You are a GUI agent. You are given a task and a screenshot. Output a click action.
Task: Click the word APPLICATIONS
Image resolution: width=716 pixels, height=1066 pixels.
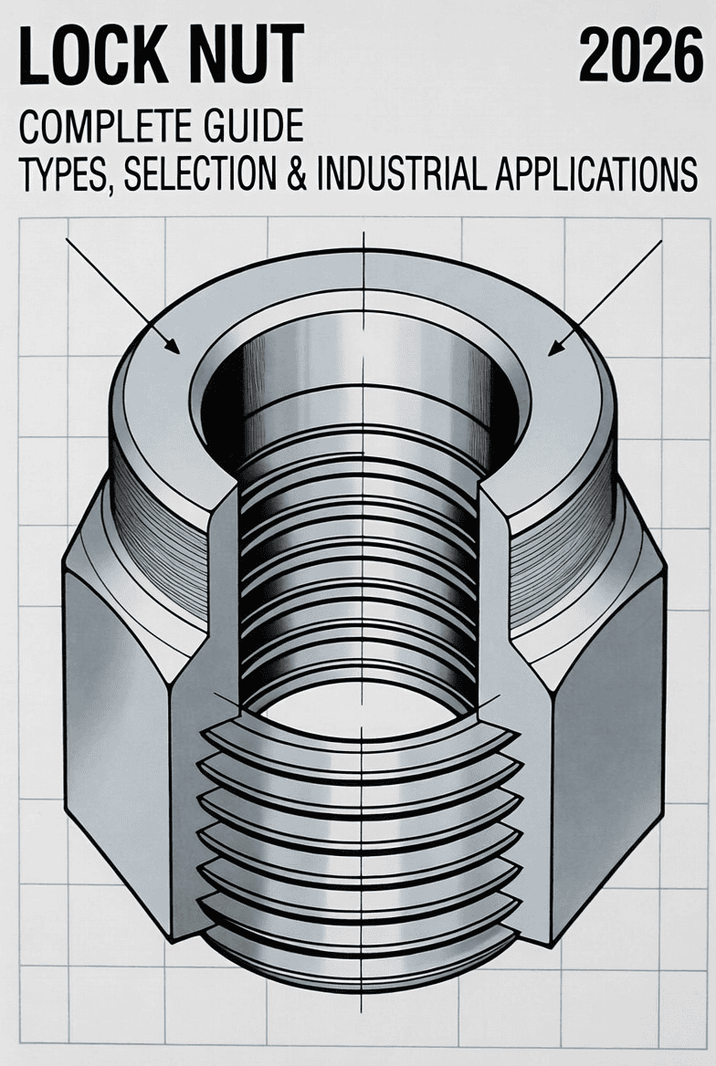click(x=598, y=175)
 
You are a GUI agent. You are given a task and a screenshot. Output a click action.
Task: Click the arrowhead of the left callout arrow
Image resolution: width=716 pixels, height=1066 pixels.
click(x=174, y=348)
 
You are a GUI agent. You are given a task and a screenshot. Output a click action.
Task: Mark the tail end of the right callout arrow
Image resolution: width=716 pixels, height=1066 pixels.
click(x=660, y=241)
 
